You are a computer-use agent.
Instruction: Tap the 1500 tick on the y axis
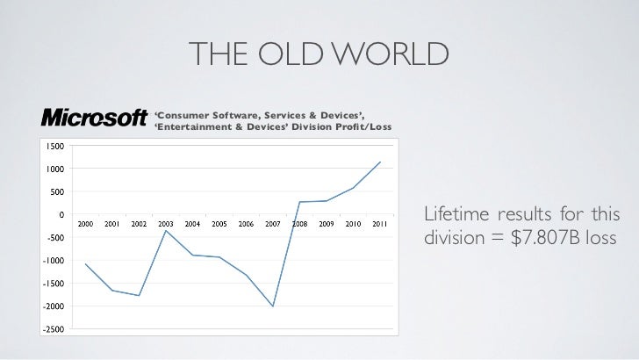click(x=54, y=146)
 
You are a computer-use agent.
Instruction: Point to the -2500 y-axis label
click(x=51, y=329)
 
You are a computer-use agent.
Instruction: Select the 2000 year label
click(x=85, y=224)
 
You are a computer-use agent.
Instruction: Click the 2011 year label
click(x=380, y=224)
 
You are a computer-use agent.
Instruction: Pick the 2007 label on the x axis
click(x=273, y=224)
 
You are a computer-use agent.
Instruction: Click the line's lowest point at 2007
click(x=273, y=306)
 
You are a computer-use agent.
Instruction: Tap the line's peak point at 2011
click(x=380, y=162)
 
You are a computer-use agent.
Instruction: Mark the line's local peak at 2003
click(x=166, y=230)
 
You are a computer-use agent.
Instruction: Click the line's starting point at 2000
click(x=85, y=263)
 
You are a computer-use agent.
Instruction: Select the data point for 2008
click(x=299, y=202)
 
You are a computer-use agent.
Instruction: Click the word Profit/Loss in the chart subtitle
click(x=358, y=130)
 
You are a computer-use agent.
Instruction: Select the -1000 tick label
click(x=51, y=260)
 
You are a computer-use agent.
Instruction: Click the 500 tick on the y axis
click(x=55, y=191)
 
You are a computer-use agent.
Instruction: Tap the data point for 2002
click(x=139, y=295)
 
